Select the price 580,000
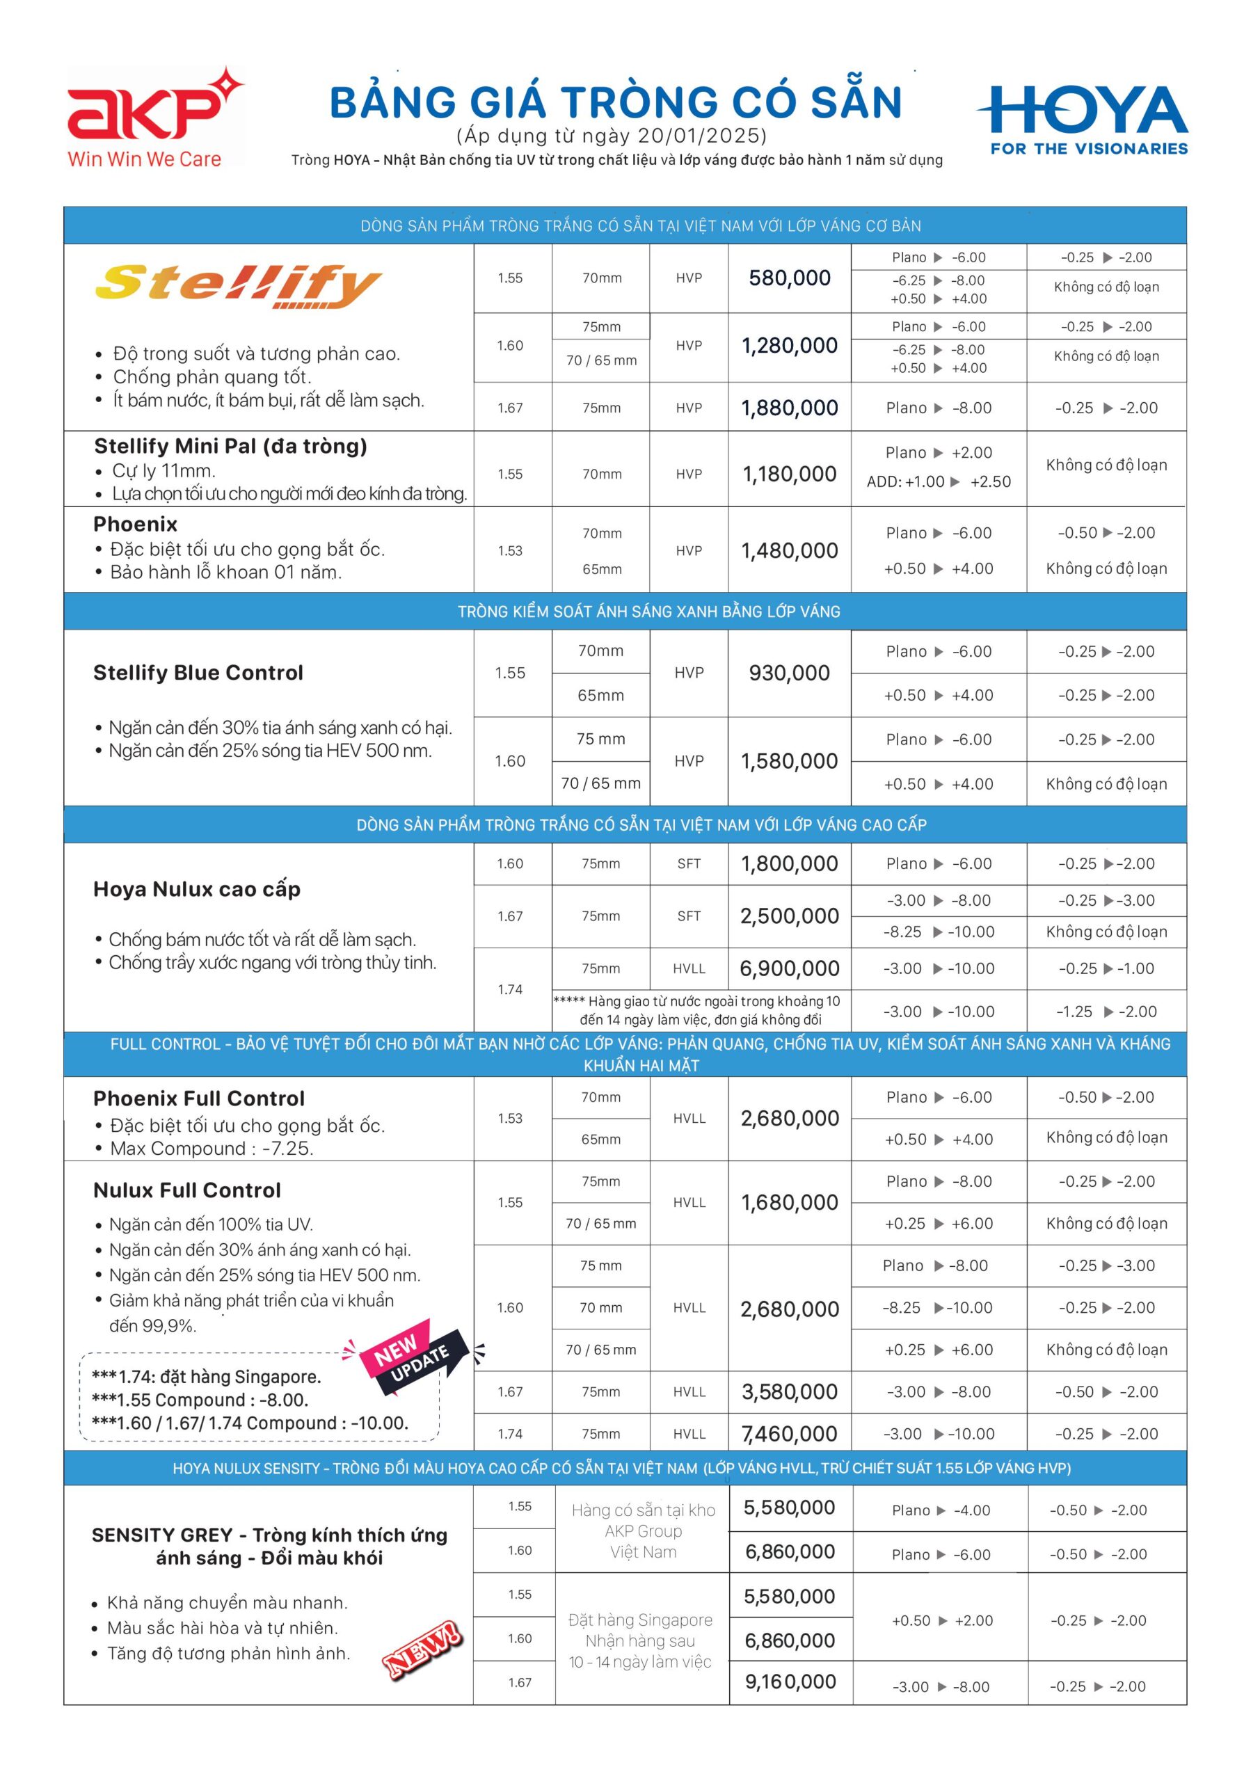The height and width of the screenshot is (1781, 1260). tap(789, 278)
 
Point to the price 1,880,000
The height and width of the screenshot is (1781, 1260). tap(789, 408)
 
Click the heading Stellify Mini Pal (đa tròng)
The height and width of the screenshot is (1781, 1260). tap(230, 446)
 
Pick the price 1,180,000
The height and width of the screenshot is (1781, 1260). tap(789, 474)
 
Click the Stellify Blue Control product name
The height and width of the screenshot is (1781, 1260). tap(198, 673)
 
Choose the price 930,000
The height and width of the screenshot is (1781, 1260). tap(789, 673)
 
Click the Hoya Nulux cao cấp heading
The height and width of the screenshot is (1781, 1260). tap(196, 889)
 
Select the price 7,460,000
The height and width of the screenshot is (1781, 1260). tap(789, 1435)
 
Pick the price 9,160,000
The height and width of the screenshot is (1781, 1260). tap(790, 1682)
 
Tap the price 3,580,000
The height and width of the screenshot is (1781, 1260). tap(789, 1391)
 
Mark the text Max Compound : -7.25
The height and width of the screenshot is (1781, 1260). tap(211, 1149)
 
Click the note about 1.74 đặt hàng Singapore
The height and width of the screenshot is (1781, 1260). tap(207, 1377)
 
